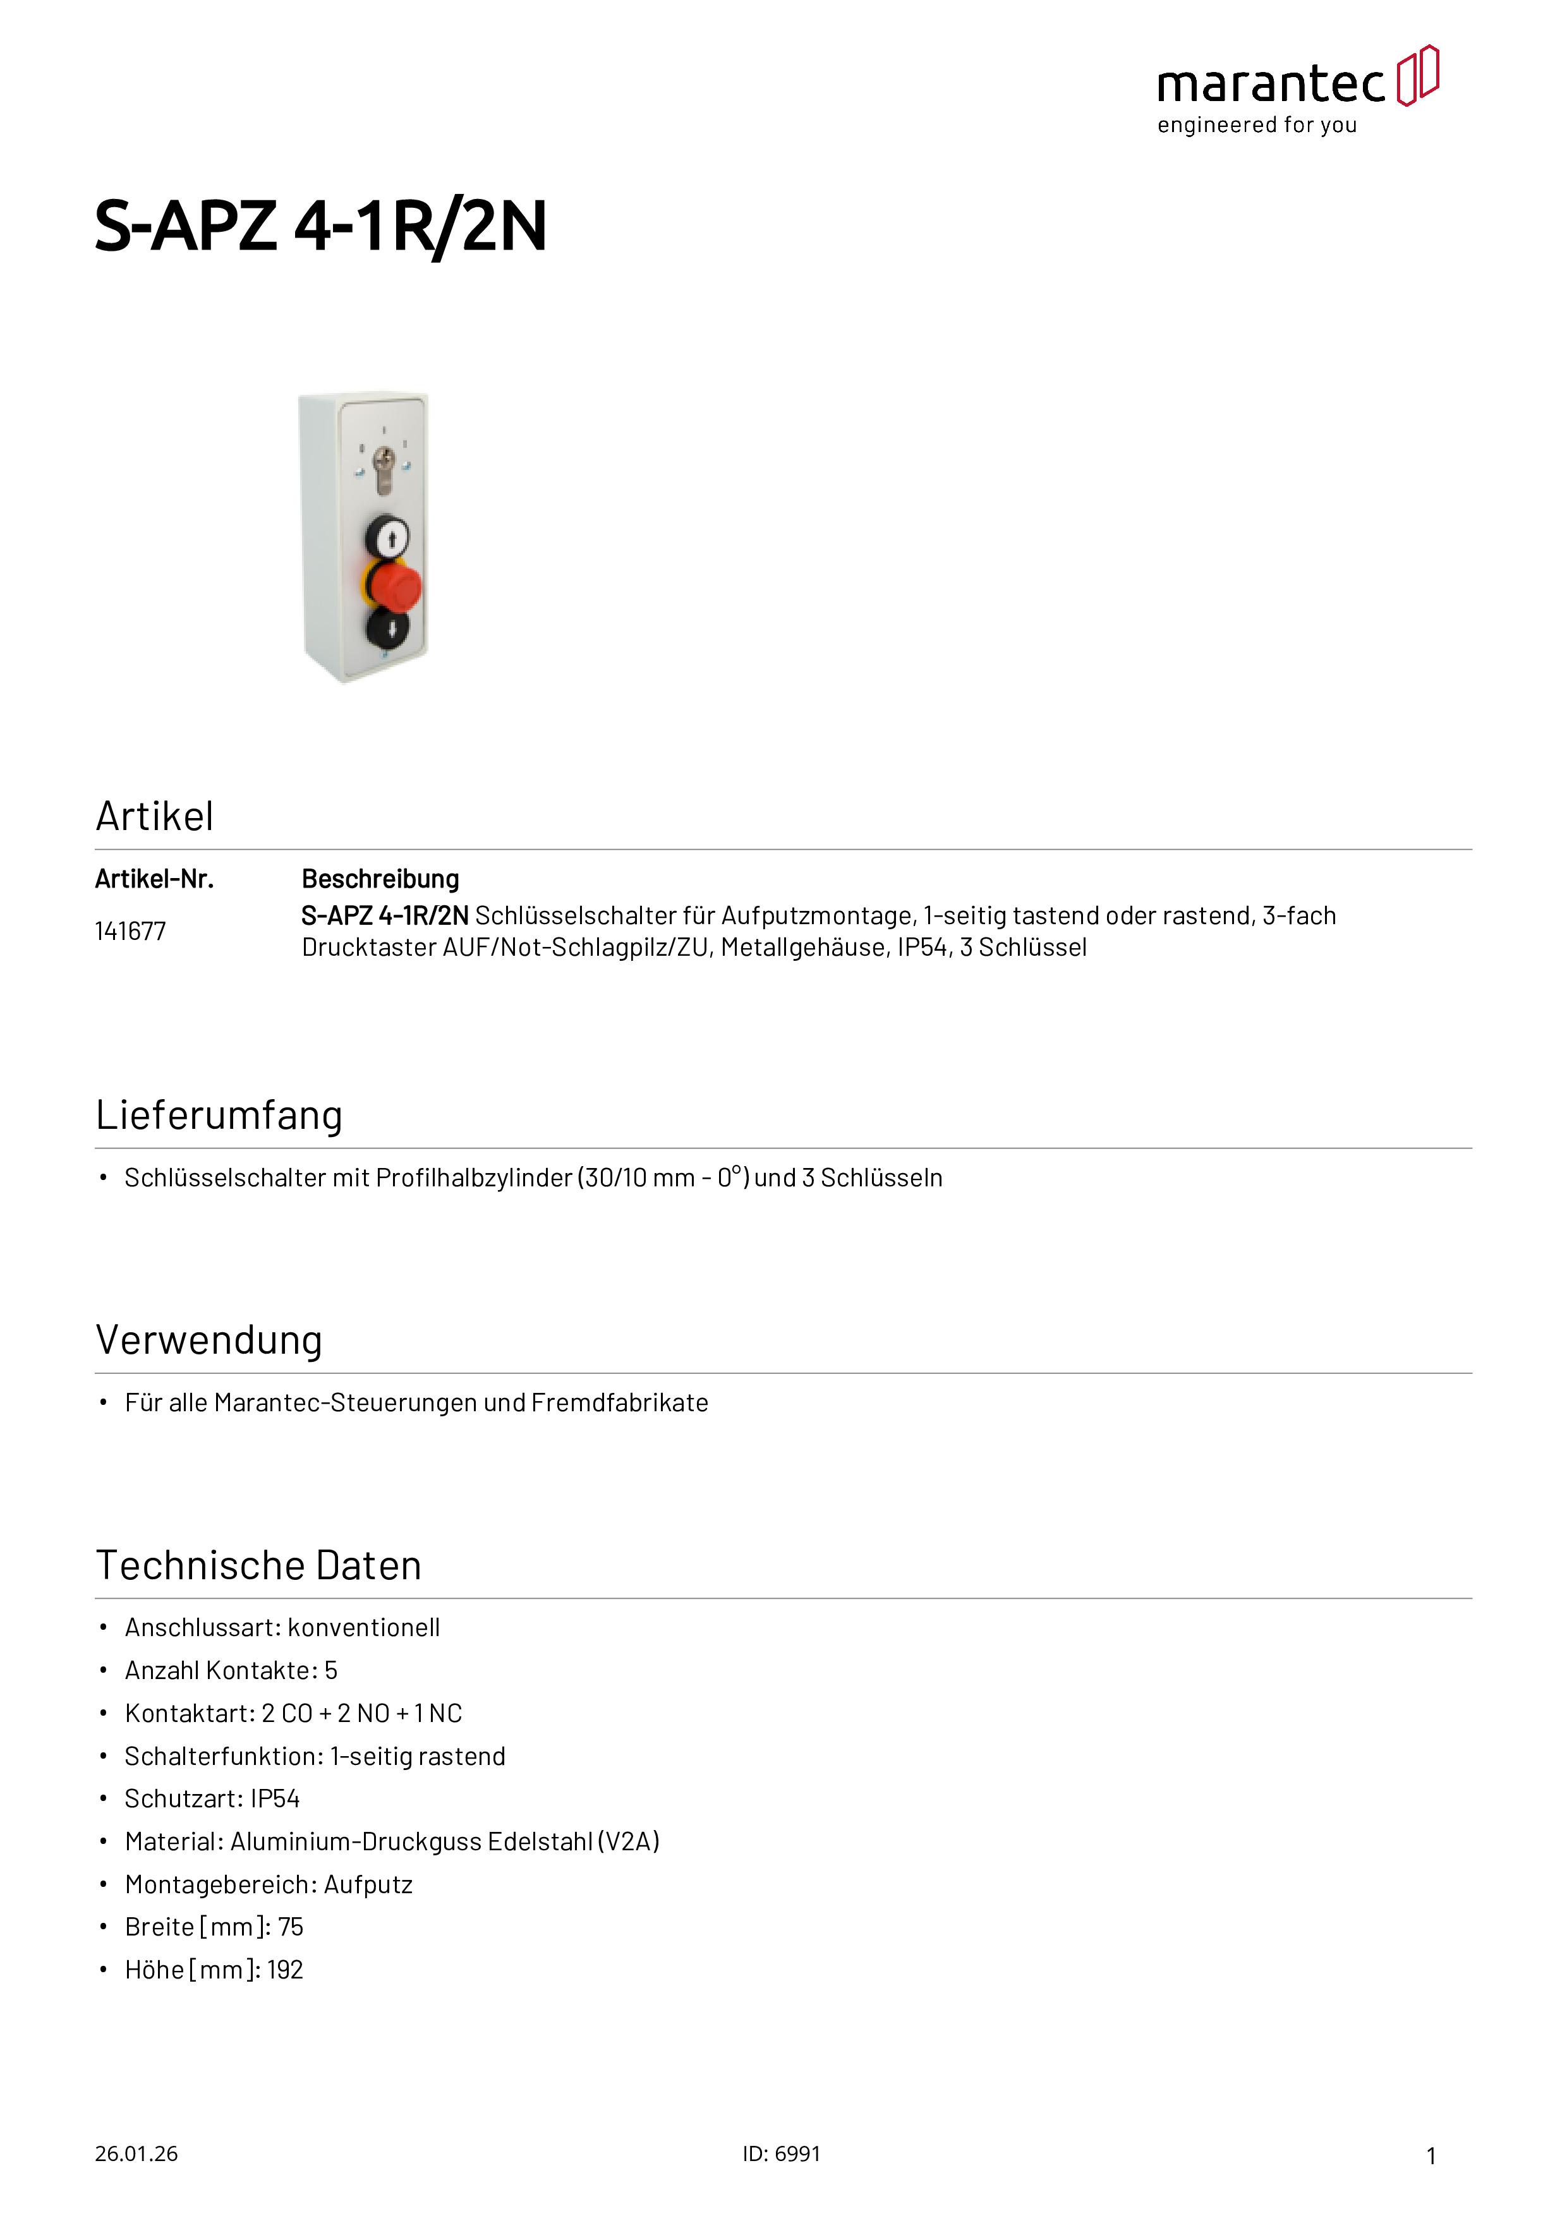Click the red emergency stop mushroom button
pos(395,585)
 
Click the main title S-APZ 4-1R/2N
pos(320,227)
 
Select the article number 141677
pos(130,931)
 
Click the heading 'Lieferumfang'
pos(219,1115)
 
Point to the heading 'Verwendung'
pos(209,1340)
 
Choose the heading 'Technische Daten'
pos(259,1565)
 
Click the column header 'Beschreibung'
pos(380,879)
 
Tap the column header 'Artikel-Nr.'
pos(154,879)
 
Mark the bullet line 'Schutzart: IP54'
pos(212,1799)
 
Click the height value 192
pos(285,1970)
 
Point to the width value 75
pos(291,1927)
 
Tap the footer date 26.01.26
pos(136,2154)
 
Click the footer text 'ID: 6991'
pos(781,2154)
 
